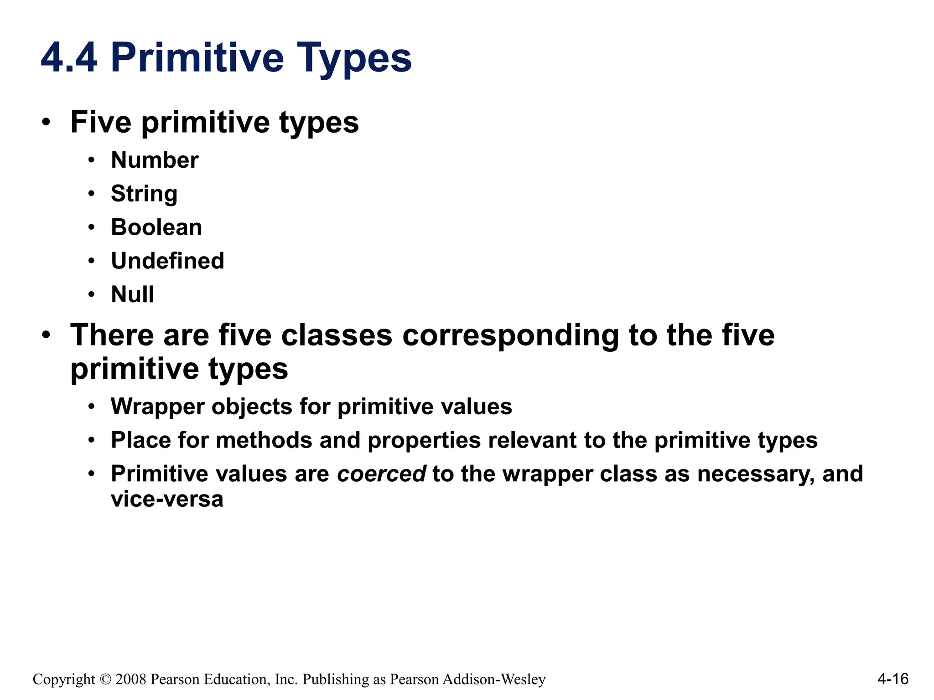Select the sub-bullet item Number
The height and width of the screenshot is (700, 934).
(155, 160)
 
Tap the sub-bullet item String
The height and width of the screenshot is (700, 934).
(144, 194)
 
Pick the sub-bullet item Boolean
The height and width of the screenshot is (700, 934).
(156, 227)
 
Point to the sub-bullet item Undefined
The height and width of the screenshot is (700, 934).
(167, 261)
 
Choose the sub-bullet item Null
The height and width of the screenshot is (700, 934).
(132, 294)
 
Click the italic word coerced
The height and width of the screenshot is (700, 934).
(381, 474)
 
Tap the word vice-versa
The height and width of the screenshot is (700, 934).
(167, 499)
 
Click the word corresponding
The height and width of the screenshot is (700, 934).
(510, 336)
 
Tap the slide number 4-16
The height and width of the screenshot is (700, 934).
(892, 679)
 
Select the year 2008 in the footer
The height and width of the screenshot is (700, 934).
(131, 679)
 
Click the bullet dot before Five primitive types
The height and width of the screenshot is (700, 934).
(46, 122)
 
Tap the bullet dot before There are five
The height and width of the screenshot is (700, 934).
(46, 335)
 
